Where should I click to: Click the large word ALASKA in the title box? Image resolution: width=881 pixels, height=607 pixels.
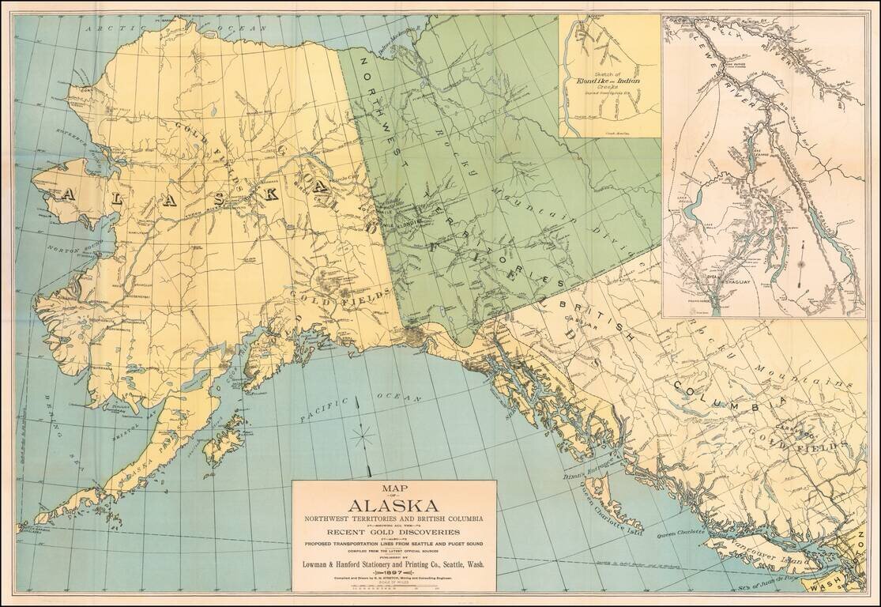pyautogui.click(x=393, y=506)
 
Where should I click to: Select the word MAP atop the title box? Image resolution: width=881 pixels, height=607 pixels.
pyautogui.click(x=393, y=488)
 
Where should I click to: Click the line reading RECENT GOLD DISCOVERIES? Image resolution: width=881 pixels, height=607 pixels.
pyautogui.click(x=393, y=533)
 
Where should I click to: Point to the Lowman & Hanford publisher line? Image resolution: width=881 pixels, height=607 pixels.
pyautogui.click(x=393, y=564)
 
